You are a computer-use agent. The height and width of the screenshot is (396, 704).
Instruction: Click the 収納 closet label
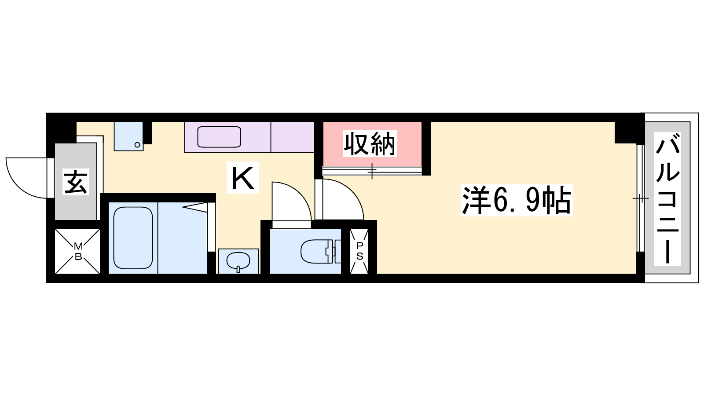(x=370, y=144)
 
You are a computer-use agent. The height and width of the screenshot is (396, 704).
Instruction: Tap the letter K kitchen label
(x=242, y=178)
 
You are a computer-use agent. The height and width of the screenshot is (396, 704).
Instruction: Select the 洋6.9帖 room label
(x=517, y=200)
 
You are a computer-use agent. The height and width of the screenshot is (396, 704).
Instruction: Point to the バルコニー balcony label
(x=667, y=198)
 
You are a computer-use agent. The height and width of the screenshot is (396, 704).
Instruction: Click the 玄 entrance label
(x=76, y=182)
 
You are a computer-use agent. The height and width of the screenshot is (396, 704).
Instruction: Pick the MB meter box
(x=77, y=251)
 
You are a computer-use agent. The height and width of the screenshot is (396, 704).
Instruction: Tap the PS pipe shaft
(x=359, y=251)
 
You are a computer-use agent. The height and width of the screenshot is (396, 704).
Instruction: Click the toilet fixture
(x=321, y=251)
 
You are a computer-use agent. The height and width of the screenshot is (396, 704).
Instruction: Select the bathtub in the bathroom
(x=133, y=238)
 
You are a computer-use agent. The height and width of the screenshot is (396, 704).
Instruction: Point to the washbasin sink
(x=238, y=261)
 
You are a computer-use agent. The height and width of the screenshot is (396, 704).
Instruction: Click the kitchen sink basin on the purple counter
(x=219, y=137)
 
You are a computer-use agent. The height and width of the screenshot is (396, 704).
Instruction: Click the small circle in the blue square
(x=137, y=145)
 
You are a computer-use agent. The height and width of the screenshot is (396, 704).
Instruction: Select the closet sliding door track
(x=372, y=171)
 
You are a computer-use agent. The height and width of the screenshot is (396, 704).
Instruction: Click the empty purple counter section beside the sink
(x=292, y=137)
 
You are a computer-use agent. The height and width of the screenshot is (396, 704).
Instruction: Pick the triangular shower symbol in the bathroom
(x=195, y=207)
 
